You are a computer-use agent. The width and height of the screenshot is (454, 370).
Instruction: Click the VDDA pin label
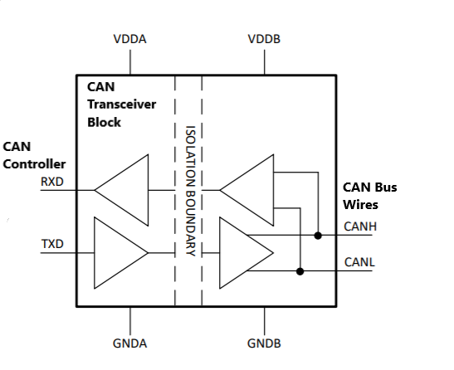pyautogui.click(x=129, y=39)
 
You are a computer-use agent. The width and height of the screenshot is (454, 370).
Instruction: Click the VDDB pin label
pyautogui.click(x=264, y=39)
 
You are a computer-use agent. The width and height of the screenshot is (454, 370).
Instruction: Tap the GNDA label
pyautogui.click(x=129, y=343)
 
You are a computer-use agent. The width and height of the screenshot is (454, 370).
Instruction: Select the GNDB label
pyautogui.click(x=264, y=343)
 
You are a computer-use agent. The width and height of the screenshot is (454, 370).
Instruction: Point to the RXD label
pyautogui.click(x=52, y=182)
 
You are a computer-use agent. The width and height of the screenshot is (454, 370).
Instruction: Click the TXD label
pyautogui.click(x=52, y=244)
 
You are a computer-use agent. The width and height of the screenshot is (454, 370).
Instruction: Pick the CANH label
pyautogui.click(x=360, y=226)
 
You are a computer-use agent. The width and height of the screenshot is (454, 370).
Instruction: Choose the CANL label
pyautogui.click(x=359, y=262)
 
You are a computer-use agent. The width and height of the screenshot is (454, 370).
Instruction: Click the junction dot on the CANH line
pyautogui.click(x=318, y=236)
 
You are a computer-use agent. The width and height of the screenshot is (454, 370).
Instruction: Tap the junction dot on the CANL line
pyautogui.click(x=300, y=271)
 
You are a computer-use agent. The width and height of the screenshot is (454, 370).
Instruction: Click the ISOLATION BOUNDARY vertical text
pyautogui.click(x=190, y=191)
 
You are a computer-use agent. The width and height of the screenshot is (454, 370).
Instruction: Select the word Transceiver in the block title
pyautogui.click(x=122, y=105)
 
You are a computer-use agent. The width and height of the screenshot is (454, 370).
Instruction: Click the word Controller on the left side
pyautogui.click(x=34, y=164)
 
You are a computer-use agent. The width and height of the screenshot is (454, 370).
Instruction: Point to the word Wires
pyautogui.click(x=360, y=205)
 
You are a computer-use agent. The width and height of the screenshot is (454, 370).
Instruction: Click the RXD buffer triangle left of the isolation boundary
pyautogui.click(x=122, y=190)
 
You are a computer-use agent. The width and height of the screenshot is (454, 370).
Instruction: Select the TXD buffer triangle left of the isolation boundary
pyautogui.click(x=121, y=253)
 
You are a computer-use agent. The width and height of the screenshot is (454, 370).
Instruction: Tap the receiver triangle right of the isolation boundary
pyautogui.click(x=247, y=190)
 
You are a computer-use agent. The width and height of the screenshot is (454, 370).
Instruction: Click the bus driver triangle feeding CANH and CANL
pyautogui.click(x=247, y=253)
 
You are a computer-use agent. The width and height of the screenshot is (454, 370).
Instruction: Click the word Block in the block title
pyautogui.click(x=104, y=122)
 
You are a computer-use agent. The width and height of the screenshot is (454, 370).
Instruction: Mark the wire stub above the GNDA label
pyautogui.click(x=130, y=321)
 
